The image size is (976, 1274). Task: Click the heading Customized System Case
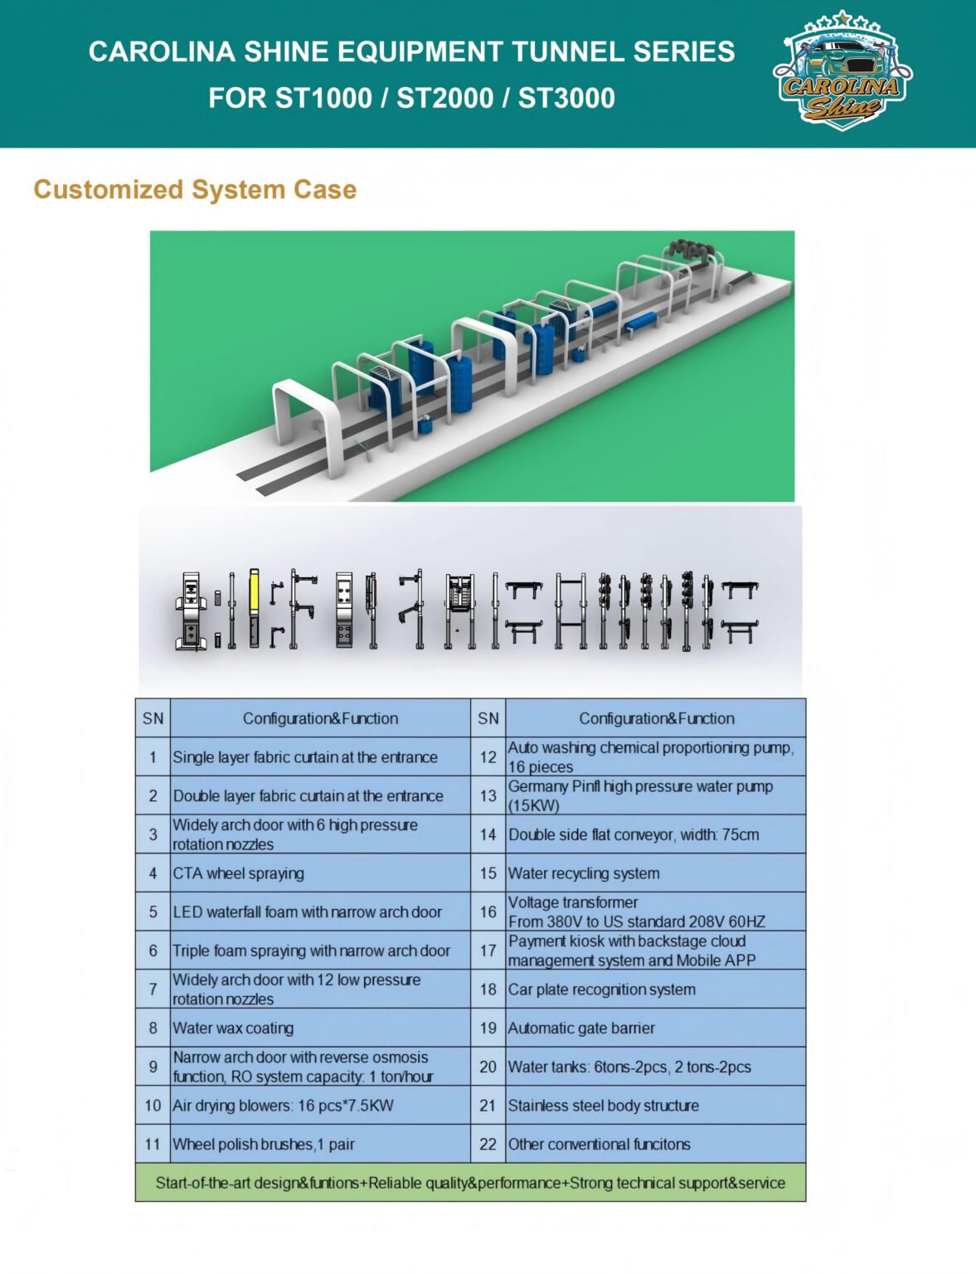pyautogui.click(x=195, y=189)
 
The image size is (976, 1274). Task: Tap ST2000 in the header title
pyautogui.click(x=445, y=97)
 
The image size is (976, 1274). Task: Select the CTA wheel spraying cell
pyautogui.click(x=320, y=873)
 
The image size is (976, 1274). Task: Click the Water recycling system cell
pyautogui.click(x=655, y=873)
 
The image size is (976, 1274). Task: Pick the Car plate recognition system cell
pyautogui.click(x=655, y=989)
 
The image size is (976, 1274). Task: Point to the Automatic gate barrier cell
pyautogui.click(x=655, y=1028)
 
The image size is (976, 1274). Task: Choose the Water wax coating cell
pyautogui.click(x=320, y=1028)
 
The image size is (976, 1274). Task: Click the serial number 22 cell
pyautogui.click(x=488, y=1144)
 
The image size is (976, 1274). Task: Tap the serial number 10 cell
pyautogui.click(x=153, y=1105)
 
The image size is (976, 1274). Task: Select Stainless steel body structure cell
pyautogui.click(x=655, y=1105)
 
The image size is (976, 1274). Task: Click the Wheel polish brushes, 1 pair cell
pyautogui.click(x=320, y=1144)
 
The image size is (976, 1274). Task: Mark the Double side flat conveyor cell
pyautogui.click(x=655, y=834)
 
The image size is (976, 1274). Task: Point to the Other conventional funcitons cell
pyautogui.click(x=655, y=1144)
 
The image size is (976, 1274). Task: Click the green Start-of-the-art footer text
pyautogui.click(x=470, y=1183)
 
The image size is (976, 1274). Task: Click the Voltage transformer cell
pyautogui.click(x=655, y=912)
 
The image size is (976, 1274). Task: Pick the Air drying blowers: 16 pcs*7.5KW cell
pyautogui.click(x=320, y=1105)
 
